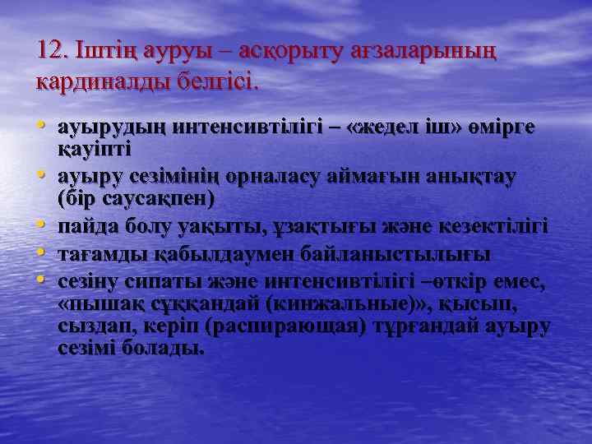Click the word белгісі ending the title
(215, 82)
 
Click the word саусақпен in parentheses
(157, 198)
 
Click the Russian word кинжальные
(342, 304)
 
